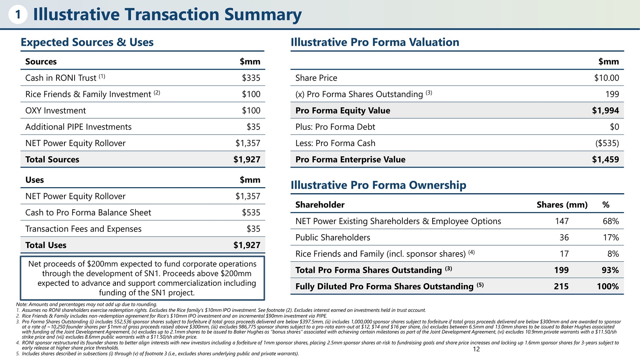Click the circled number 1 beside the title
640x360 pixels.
pos(18,14)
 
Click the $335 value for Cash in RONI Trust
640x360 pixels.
pos(251,78)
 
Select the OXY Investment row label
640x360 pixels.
pos(55,111)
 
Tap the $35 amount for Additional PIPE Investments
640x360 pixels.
pos(253,127)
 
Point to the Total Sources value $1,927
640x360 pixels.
pos(247,159)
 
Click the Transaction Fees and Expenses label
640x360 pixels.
pos(83,229)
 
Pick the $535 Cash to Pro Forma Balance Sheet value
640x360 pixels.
pos(251,212)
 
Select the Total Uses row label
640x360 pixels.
pos(46,245)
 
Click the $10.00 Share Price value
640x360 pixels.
pos(606,78)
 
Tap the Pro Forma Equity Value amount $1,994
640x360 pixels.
pos(605,111)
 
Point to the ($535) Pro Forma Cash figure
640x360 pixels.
pos(607,143)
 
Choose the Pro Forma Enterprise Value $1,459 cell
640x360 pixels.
pos(605,159)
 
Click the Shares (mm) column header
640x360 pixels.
pos(562,204)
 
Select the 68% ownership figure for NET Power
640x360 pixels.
pos(611,221)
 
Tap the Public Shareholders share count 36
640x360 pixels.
pos(564,238)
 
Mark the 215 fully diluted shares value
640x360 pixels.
pos(561,286)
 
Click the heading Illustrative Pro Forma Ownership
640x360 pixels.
pos(378,185)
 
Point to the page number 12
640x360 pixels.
pos(476,349)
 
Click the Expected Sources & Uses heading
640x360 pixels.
pos(87,42)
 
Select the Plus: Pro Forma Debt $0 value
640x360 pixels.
pos(614,127)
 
